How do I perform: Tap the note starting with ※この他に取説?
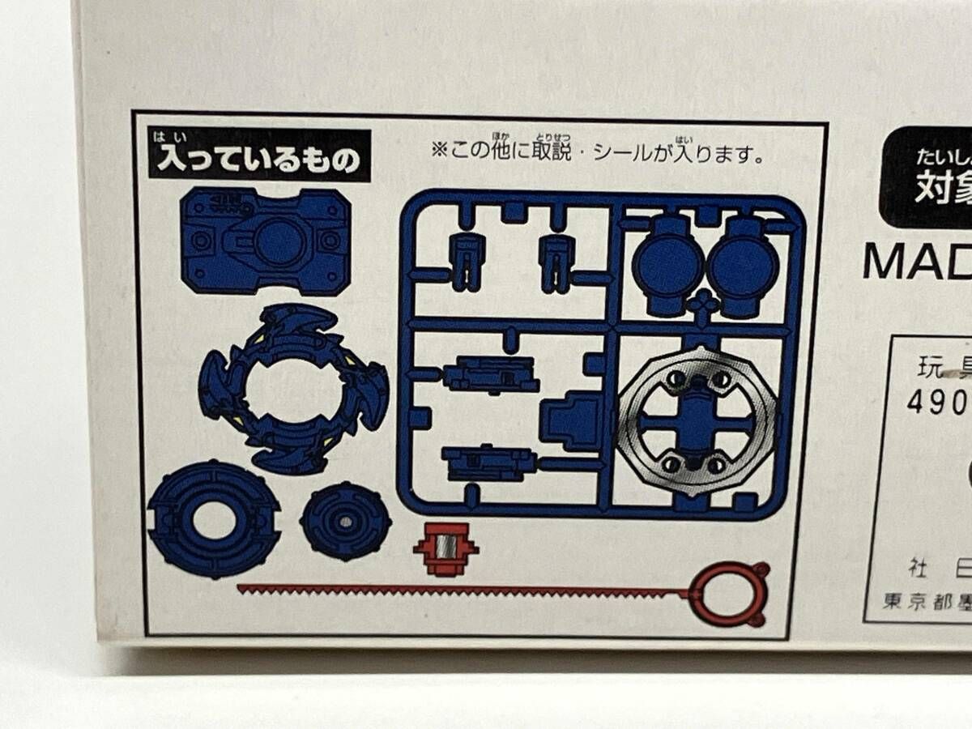pos(597,154)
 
